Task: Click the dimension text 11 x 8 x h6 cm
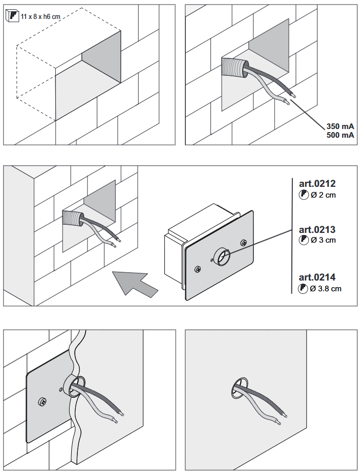click(x=40, y=17)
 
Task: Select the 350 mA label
click(x=341, y=126)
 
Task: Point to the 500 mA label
click(x=341, y=135)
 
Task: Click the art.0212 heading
click(x=317, y=184)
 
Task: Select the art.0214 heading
click(x=317, y=277)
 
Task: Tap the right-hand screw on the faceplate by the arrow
click(x=243, y=242)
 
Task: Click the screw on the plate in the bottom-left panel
click(x=43, y=402)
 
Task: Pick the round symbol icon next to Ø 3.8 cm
click(x=304, y=289)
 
